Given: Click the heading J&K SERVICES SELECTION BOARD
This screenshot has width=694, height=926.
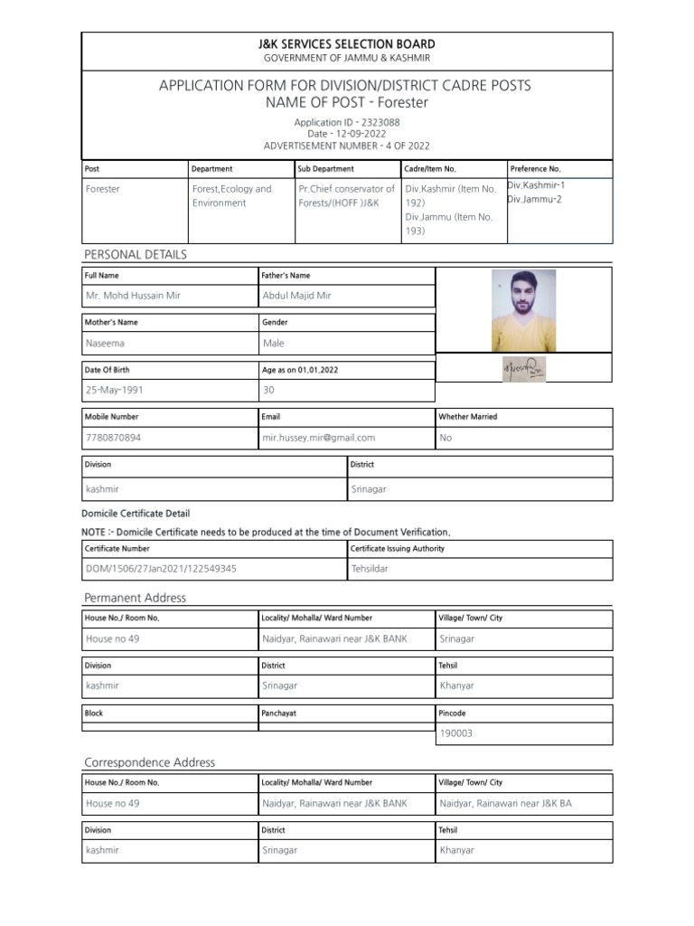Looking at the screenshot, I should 348,44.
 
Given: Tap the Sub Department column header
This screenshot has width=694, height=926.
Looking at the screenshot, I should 325,169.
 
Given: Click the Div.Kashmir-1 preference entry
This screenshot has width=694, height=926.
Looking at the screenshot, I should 537,184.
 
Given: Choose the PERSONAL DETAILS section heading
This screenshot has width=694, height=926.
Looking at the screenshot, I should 136,255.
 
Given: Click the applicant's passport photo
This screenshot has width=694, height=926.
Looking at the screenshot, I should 523,310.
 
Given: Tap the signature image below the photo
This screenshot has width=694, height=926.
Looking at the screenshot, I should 523,369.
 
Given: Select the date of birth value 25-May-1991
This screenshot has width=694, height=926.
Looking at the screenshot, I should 115,391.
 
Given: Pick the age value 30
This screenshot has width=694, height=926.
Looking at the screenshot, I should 268,391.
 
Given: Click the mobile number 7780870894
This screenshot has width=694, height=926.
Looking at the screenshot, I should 113,438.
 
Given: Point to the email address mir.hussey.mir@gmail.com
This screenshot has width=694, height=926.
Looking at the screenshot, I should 318,438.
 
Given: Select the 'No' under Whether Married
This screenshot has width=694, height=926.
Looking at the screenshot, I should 445,438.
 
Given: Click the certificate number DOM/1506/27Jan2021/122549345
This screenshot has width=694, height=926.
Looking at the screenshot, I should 161,570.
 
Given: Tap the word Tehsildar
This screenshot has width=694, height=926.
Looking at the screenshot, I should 373,570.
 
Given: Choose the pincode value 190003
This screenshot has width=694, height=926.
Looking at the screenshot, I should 455,733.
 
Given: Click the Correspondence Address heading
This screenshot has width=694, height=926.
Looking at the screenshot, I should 150,762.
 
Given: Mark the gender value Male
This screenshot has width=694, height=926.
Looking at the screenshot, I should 273,344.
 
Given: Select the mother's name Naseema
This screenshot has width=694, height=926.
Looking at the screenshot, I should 106,344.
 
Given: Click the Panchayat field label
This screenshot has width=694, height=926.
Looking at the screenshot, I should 280,713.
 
